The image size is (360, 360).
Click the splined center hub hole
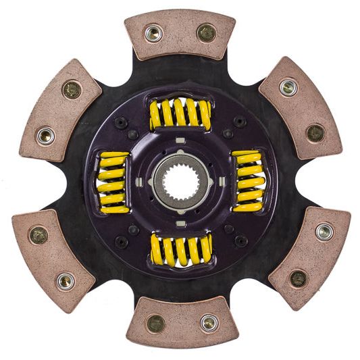179,181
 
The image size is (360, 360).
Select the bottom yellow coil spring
181,249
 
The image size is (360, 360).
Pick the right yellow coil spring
248,180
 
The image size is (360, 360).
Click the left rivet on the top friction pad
154,32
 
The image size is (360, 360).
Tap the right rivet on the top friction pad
205,32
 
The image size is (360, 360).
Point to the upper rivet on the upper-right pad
288,88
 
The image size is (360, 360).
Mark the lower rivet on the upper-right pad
314,133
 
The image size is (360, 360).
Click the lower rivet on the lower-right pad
297,278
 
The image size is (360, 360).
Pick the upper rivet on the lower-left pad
39,235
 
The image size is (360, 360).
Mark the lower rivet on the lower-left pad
66,280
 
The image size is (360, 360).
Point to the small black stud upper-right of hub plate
238,122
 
